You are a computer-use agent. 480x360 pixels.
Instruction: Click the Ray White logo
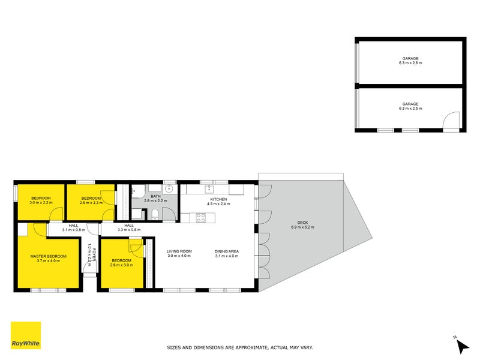[26, 335]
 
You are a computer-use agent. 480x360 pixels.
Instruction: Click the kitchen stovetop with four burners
[201, 218]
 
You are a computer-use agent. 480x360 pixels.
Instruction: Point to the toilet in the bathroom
[155, 214]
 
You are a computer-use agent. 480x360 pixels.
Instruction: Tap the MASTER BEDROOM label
[49, 256]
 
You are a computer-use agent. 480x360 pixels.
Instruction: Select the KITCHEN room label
[218, 199]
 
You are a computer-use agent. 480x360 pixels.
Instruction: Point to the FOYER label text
[93, 249]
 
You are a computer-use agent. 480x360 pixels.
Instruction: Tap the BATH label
[155, 196]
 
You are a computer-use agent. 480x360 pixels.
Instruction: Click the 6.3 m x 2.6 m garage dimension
[410, 63]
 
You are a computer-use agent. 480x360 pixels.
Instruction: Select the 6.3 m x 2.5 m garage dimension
[410, 109]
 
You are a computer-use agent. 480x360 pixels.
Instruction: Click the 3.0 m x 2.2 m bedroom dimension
[41, 203]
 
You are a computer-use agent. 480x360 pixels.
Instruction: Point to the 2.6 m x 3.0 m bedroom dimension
[121, 265]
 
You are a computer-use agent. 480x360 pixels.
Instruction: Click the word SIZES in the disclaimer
[174, 347]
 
